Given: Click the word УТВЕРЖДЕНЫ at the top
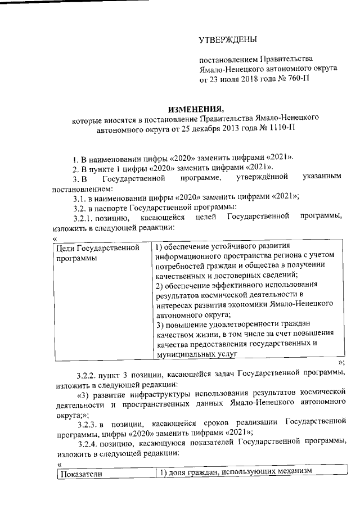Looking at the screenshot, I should coord(228,39).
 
